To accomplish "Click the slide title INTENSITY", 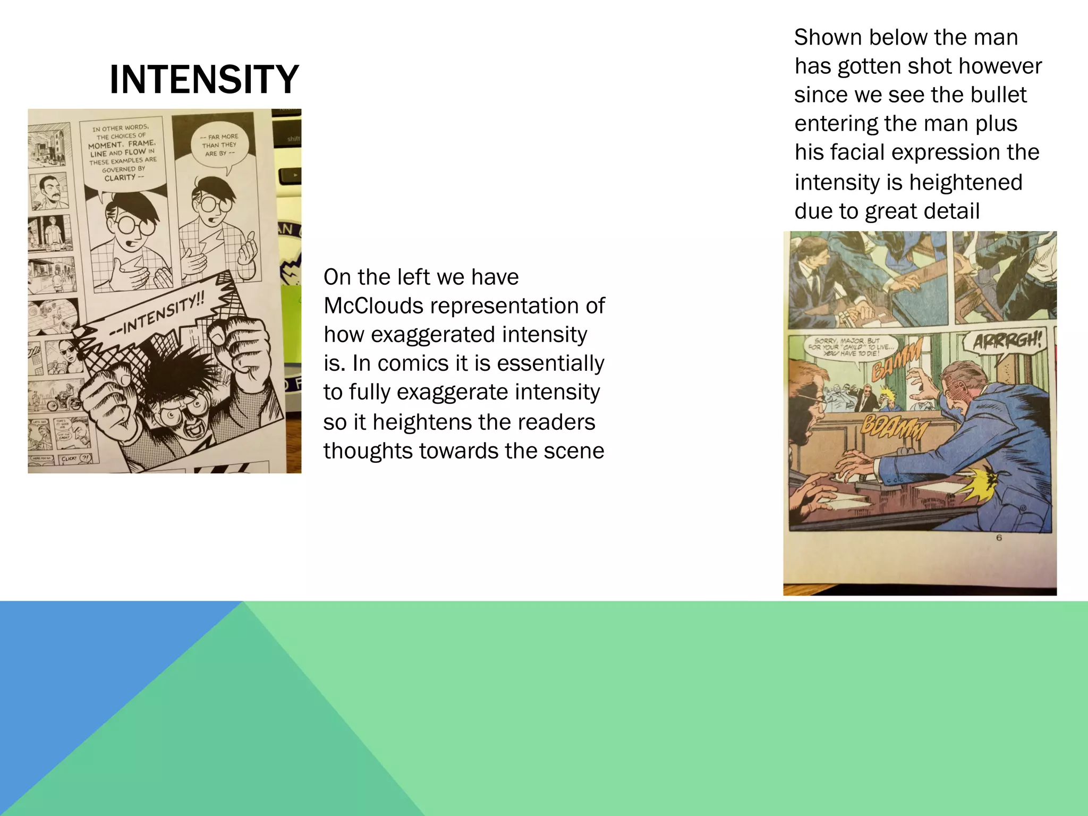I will (x=204, y=80).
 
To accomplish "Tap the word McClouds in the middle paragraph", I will (x=377, y=306).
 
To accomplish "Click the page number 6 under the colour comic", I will (x=999, y=538).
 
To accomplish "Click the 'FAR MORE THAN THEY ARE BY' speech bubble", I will (x=219, y=145).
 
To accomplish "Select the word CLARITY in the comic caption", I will (x=123, y=178).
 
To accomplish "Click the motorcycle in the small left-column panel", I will (x=60, y=402).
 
